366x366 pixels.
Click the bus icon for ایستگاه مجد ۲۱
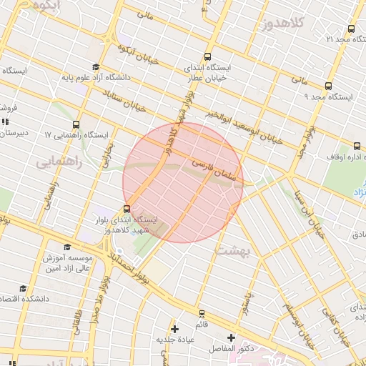[x=350, y=29]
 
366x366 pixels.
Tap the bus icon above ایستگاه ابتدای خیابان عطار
[x=207, y=56]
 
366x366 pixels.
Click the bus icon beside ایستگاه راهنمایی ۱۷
[x=76, y=124]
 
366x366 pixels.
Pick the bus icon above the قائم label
[x=202, y=312]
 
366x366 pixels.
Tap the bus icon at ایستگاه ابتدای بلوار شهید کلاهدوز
[x=127, y=209]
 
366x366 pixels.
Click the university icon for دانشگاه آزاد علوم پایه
[x=95, y=66]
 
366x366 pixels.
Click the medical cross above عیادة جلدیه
[x=174, y=328]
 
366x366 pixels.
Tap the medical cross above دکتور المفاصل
[x=231, y=337]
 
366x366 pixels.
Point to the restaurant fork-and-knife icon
[x=6, y=122]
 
